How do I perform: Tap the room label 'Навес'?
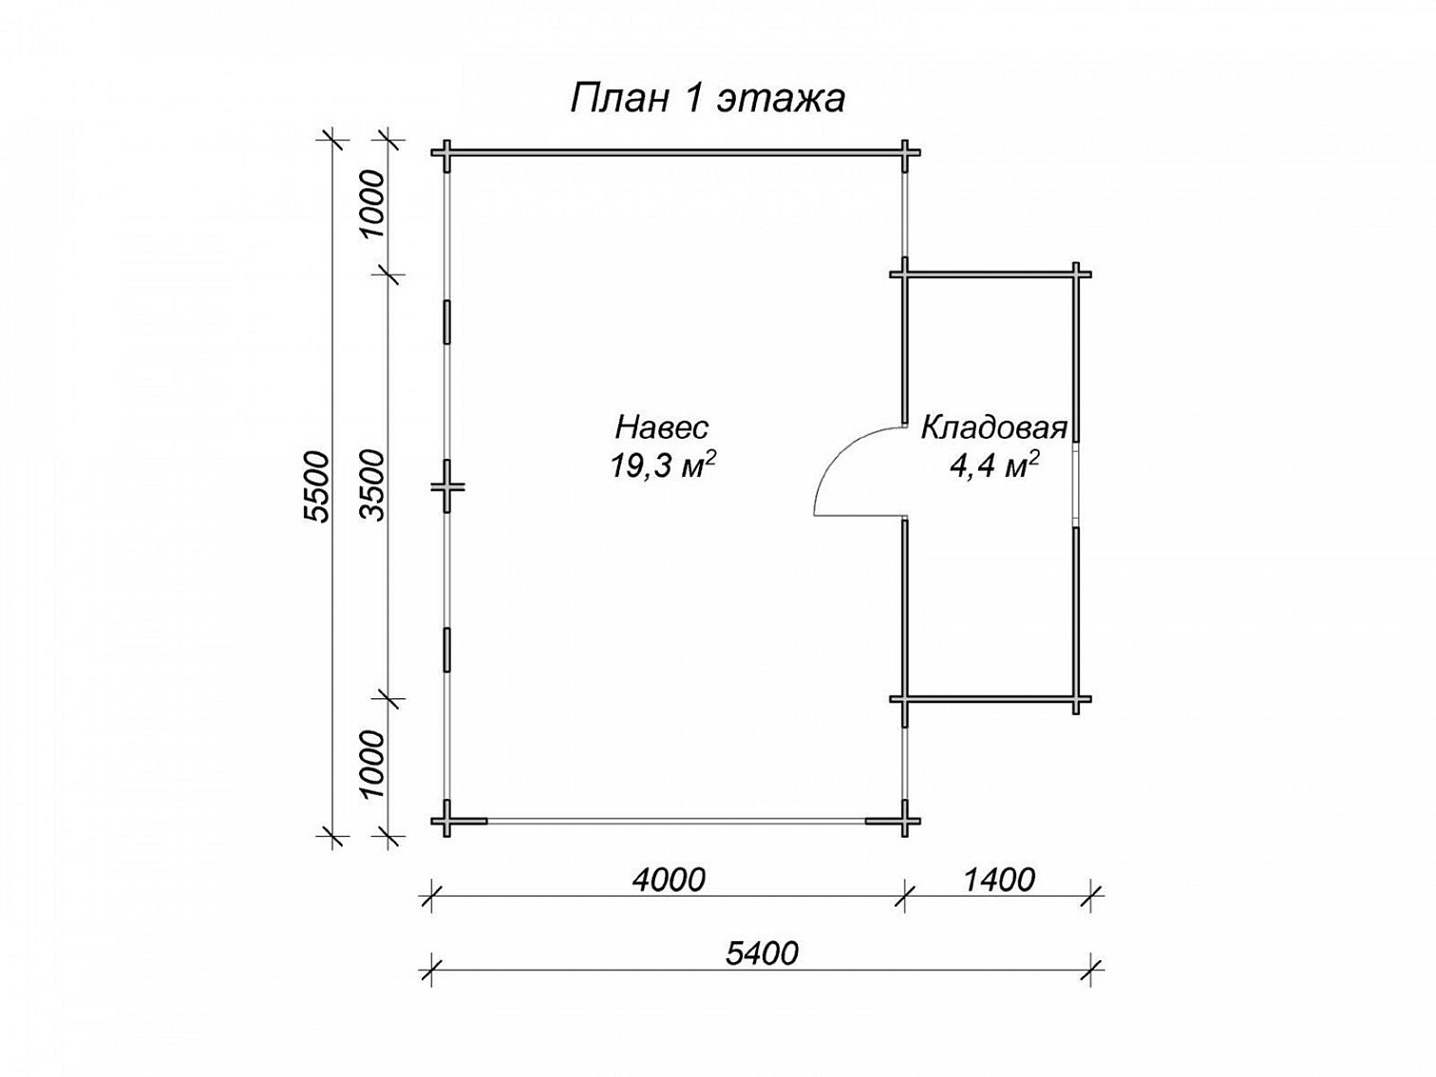[661, 427]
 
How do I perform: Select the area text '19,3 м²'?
[662, 465]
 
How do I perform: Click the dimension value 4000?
[668, 880]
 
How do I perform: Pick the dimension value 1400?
[999, 880]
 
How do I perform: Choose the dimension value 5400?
[762, 954]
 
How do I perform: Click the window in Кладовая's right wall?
[1075, 484]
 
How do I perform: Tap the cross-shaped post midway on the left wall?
[447, 486]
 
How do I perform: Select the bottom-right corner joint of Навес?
[905, 821]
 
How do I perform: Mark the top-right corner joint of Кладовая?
[1075, 274]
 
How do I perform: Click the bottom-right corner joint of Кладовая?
[1075, 698]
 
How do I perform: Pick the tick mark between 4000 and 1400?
[905, 896]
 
